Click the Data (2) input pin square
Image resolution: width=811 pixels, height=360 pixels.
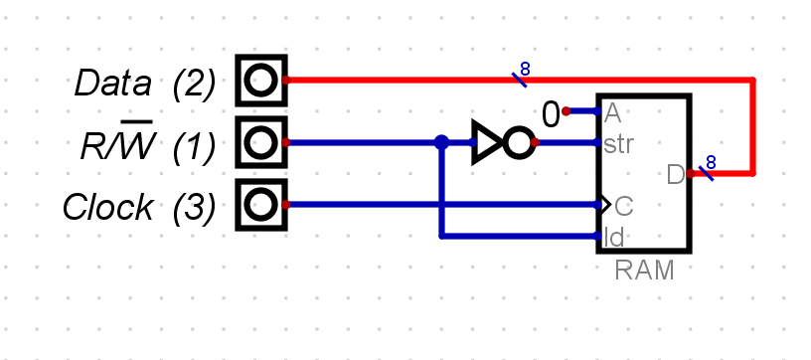(x=260, y=81)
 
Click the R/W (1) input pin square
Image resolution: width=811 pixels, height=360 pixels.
(x=260, y=143)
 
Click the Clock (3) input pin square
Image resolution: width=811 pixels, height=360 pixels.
(x=260, y=206)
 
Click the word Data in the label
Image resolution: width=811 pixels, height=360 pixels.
(x=112, y=84)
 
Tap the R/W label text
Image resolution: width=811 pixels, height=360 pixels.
(x=116, y=147)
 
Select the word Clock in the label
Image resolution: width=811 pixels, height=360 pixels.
(x=107, y=208)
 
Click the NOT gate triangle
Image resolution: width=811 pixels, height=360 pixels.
(x=486, y=143)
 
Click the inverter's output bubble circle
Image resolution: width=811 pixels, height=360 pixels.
(x=518, y=143)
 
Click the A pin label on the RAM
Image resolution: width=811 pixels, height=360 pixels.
(x=612, y=111)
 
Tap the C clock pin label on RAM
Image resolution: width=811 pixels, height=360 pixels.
(x=623, y=206)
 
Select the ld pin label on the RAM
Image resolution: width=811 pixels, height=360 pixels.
(x=613, y=237)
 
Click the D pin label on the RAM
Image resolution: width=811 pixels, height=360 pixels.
(x=675, y=175)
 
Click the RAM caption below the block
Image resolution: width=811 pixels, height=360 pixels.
(x=643, y=269)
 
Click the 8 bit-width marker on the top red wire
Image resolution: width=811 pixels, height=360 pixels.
(x=524, y=70)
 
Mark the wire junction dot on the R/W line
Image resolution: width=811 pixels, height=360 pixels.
(x=441, y=143)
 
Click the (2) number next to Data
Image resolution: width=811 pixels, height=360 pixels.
(x=193, y=84)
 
